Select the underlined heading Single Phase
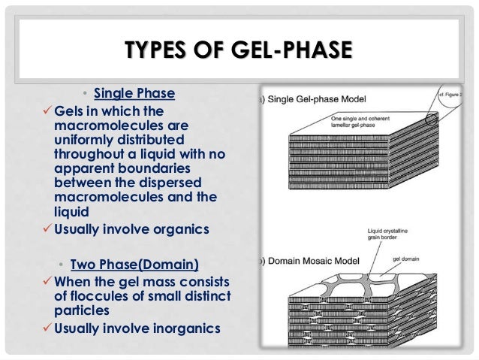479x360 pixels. click(x=134, y=94)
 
